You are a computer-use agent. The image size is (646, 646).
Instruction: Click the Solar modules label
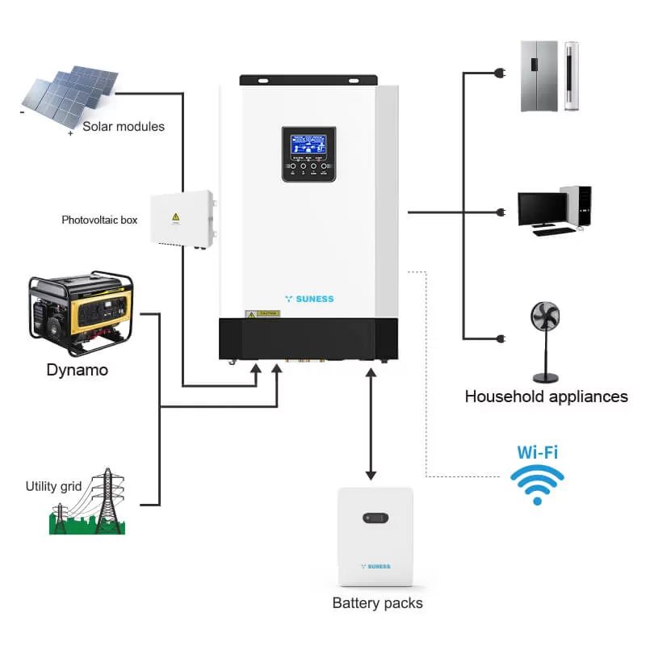[x=124, y=127]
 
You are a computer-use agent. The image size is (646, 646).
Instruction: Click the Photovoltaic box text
[x=99, y=220]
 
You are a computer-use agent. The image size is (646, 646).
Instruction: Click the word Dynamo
[x=77, y=370]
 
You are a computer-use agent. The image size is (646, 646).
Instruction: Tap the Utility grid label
[x=53, y=486]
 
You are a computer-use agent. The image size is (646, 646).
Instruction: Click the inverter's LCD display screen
[x=308, y=147]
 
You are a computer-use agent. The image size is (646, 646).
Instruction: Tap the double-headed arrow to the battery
[x=371, y=423]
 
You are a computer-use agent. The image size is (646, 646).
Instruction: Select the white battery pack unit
[x=375, y=537]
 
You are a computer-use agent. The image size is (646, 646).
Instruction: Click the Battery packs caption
[x=377, y=603]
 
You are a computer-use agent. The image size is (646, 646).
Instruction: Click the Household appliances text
[x=546, y=396]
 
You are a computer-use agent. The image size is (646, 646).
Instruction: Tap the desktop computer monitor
[x=542, y=208]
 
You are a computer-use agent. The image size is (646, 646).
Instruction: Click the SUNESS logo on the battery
[x=375, y=566]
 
